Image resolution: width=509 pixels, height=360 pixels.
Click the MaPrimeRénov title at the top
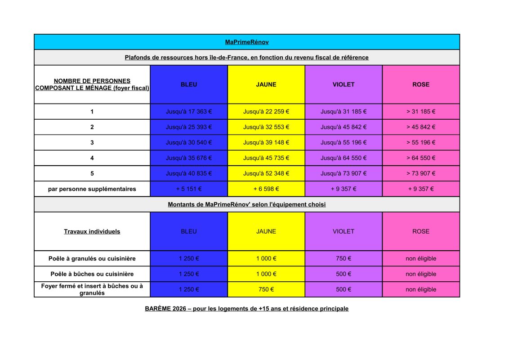click(247, 42)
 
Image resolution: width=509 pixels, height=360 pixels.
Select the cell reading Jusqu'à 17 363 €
click(189, 112)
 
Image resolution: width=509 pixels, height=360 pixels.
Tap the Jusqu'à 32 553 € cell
click(266, 127)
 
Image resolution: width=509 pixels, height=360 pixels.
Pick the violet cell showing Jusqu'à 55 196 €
click(344, 142)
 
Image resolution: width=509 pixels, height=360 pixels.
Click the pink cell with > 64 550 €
click(421, 158)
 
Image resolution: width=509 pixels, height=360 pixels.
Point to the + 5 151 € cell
click(189, 189)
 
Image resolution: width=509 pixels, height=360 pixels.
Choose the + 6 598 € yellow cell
click(266, 189)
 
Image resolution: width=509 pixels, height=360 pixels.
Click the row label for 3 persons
click(92, 142)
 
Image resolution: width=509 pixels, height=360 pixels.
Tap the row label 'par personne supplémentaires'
click(92, 189)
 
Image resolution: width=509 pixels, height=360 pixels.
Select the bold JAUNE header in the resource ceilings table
click(266, 84)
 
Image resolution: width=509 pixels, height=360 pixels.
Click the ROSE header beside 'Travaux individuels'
click(421, 231)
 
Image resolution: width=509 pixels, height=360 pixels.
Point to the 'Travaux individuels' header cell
click(92, 231)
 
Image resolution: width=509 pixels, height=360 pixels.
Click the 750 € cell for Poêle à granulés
click(344, 258)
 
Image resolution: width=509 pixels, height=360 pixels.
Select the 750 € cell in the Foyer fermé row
click(266, 289)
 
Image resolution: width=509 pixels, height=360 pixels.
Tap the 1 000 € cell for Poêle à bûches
click(266, 274)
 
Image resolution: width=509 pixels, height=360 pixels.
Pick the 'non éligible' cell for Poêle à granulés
click(421, 258)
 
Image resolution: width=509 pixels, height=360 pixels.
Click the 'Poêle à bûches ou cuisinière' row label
click(92, 274)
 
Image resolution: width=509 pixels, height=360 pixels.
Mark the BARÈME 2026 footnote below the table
click(247, 309)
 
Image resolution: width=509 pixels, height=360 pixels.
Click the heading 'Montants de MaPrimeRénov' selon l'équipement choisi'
click(247, 204)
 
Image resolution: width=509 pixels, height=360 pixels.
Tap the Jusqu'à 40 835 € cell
click(189, 173)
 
